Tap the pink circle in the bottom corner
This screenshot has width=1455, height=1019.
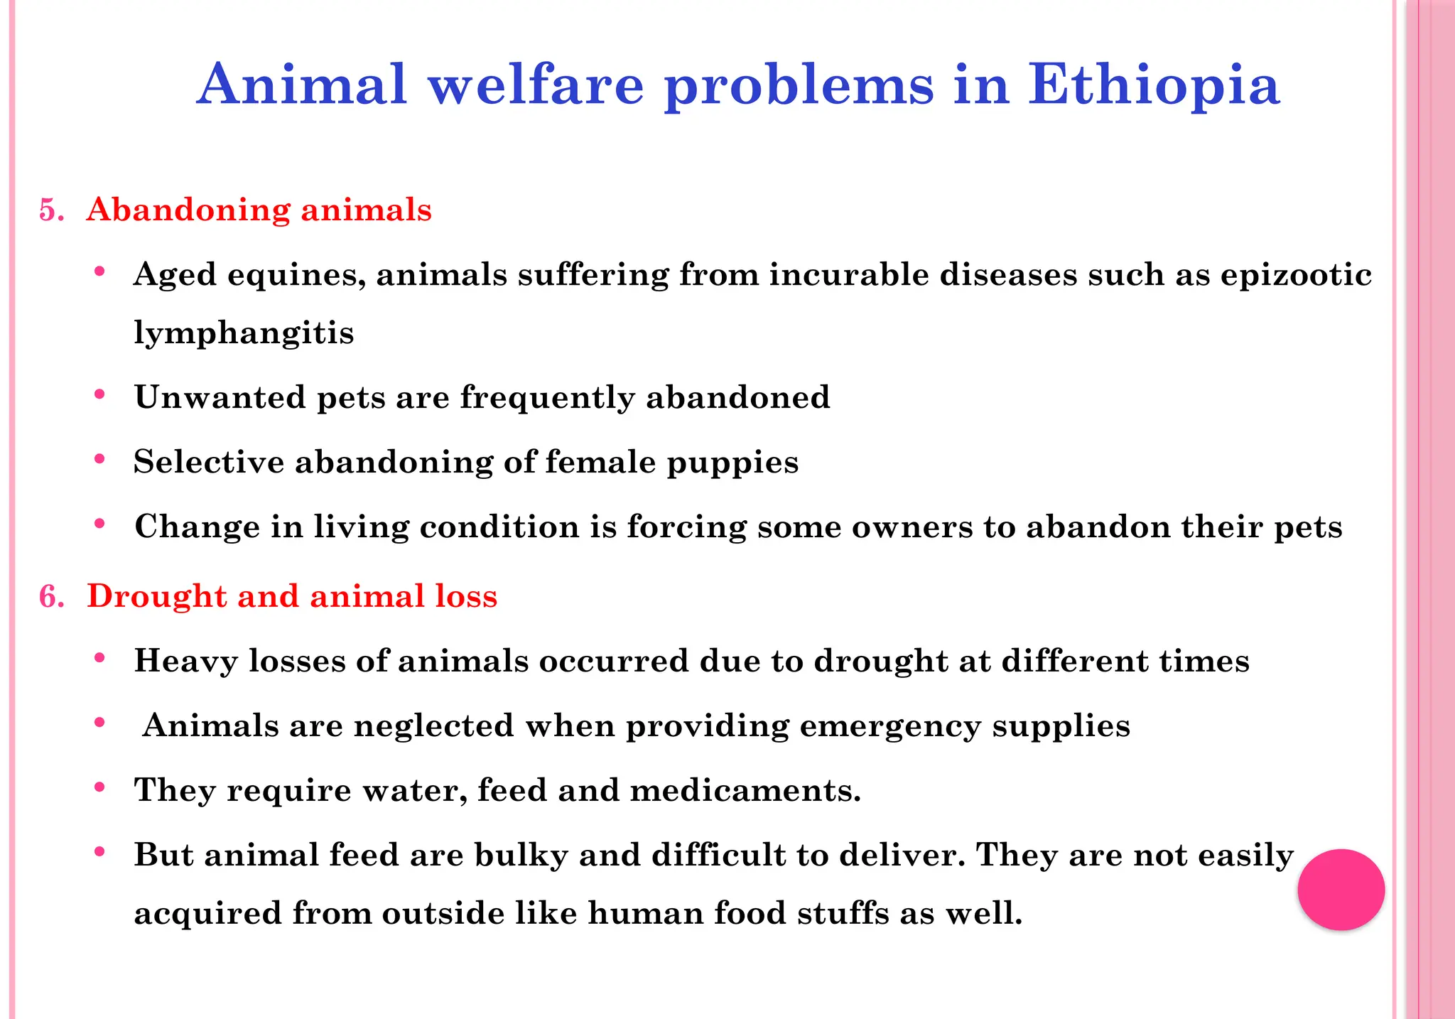click(x=1341, y=889)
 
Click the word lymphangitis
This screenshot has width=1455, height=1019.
click(x=244, y=333)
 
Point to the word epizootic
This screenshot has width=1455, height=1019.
click(x=1296, y=275)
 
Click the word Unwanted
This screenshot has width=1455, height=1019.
click(x=220, y=397)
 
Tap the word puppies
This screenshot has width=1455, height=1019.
click(x=732, y=463)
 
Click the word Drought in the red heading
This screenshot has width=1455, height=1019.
click(x=156, y=596)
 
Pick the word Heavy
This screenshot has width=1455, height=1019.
click(x=186, y=662)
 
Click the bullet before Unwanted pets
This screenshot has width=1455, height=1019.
click(x=100, y=394)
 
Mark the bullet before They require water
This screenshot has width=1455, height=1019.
click(x=100, y=787)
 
